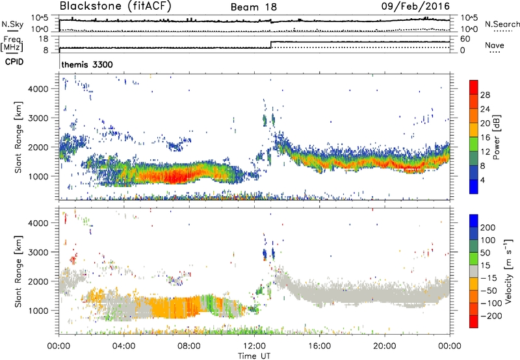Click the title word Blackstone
89,6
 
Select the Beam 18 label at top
254,6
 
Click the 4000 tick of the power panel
44,88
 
